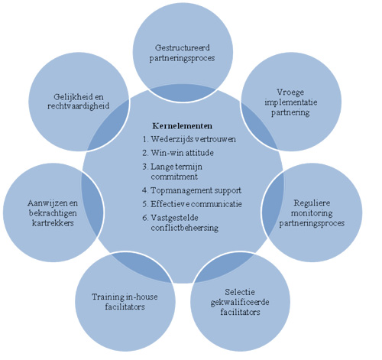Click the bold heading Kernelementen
pos(183,126)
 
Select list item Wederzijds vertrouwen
pos(193,139)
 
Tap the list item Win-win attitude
pos(182,153)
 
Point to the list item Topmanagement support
pos(196,190)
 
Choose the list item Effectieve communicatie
pos(196,204)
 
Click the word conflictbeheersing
pos(185,228)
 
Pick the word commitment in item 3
pos(174,177)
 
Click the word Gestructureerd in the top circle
pos(183,47)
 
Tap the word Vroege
pos(290,92)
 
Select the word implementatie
pos(291,102)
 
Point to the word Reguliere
pos(312,203)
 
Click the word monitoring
pos(312,213)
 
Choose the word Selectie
pos(240,292)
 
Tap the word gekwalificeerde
pos(240,302)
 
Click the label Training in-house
pos(125,297)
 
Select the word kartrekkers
pos(53,223)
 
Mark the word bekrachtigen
pos(53,213)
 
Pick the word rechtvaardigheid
pos(79,106)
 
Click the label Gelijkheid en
pos(79,97)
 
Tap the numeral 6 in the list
pos(144,218)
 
